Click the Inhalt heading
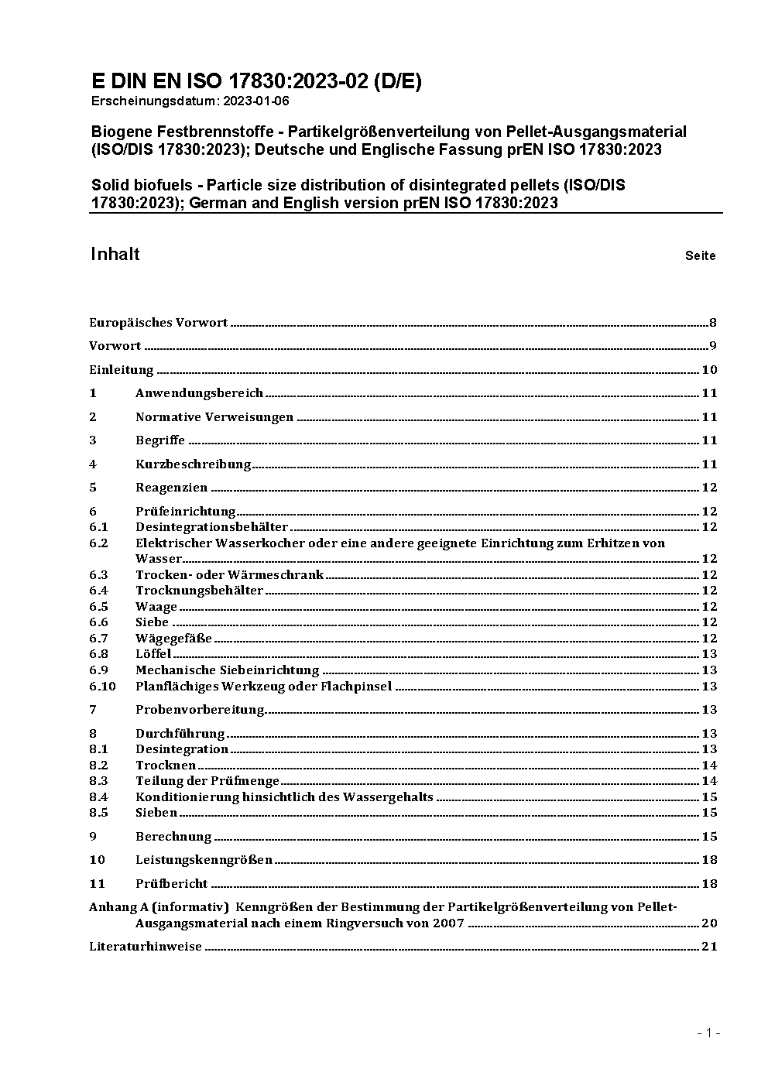pos(115,255)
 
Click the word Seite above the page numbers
pos(700,255)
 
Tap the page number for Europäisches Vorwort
pos(712,323)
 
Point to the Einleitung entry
pos(122,370)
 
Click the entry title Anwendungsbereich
pos(199,393)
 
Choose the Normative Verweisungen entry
pos(214,417)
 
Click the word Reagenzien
pos(171,488)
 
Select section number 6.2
pos(98,543)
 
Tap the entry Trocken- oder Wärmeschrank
pos(229,575)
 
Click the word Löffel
pos(153,654)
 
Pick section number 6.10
pos(102,687)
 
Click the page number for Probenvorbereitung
pos(709,710)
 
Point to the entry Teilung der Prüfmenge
pos(207,781)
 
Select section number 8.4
pos(98,797)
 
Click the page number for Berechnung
pos(709,837)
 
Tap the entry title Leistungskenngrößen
pos(204,860)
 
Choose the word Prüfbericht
pos(171,884)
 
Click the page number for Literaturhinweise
pos(709,947)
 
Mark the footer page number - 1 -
pos(709,1033)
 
